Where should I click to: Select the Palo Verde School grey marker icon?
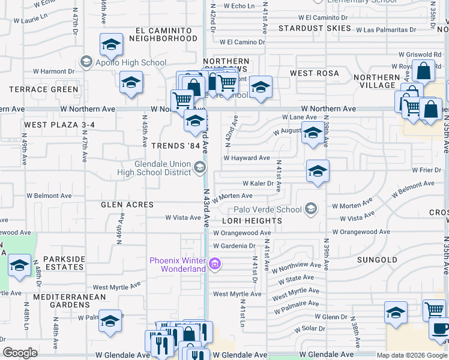coord(310,209)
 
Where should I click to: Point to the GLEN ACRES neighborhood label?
coord(127,205)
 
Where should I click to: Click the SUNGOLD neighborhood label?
coord(377,260)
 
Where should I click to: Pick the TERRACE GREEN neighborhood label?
coord(43,89)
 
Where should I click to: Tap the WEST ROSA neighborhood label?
coord(315,73)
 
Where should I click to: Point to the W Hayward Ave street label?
coord(247,158)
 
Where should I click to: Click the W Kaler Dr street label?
coord(258,184)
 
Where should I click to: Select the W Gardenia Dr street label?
coord(234,246)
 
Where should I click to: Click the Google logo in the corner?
coord(20,353)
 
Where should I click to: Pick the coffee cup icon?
coord(440,330)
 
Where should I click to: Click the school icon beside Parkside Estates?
coord(20,265)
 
